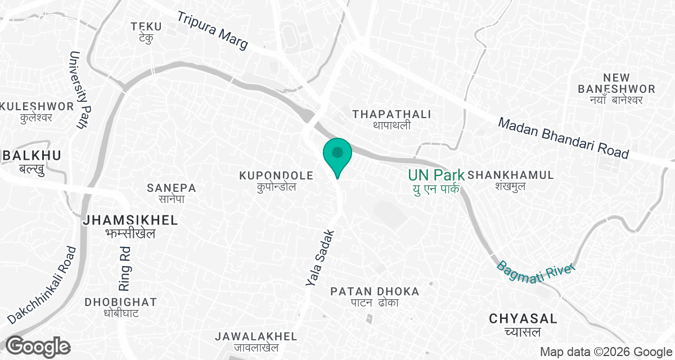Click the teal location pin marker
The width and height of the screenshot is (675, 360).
tap(337, 155)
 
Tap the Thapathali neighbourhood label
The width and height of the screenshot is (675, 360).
tap(391, 119)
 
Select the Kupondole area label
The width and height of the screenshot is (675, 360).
tap(276, 181)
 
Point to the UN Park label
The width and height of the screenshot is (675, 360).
tap(436, 181)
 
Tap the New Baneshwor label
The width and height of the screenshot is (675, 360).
tap(616, 89)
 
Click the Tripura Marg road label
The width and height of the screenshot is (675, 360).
tap(213, 31)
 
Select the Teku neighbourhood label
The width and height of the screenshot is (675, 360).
tap(146, 31)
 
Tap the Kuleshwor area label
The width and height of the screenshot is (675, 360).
tap(37, 111)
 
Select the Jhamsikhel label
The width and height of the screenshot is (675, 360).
tap(130, 226)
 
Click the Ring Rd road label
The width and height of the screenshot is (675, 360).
tap(125, 265)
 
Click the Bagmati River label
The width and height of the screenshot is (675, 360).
tap(537, 267)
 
